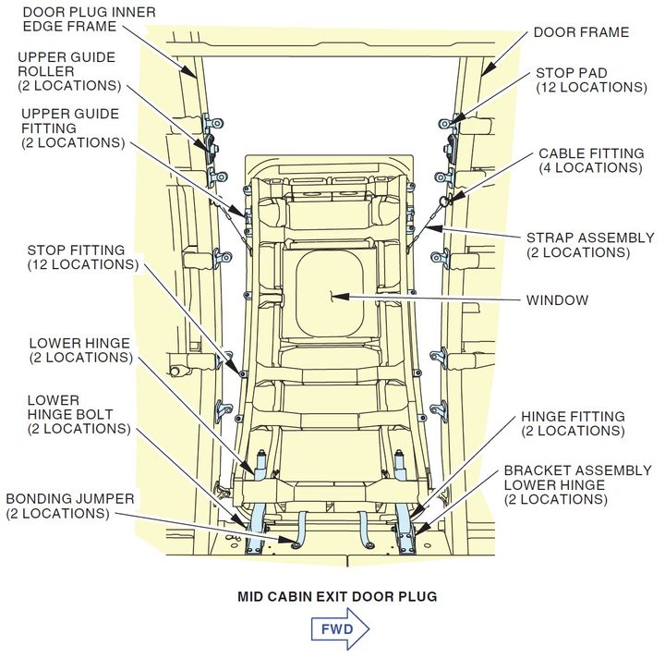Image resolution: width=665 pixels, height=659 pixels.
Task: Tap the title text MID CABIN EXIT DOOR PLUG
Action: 337,596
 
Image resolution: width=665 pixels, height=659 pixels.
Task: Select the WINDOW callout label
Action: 557,299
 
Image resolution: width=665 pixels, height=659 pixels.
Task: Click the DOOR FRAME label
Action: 581,32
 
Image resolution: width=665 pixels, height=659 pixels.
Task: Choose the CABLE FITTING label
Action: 589,153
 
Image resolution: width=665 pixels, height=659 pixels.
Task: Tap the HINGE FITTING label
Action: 573,417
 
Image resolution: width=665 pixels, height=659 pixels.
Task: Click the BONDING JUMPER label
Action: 71,506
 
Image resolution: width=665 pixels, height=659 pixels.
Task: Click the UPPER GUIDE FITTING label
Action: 69,128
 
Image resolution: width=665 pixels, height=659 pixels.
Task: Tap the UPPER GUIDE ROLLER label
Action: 69,71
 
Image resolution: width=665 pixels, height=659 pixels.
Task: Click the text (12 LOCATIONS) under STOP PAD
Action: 590,87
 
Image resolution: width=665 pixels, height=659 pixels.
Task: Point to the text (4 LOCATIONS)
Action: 589,168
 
